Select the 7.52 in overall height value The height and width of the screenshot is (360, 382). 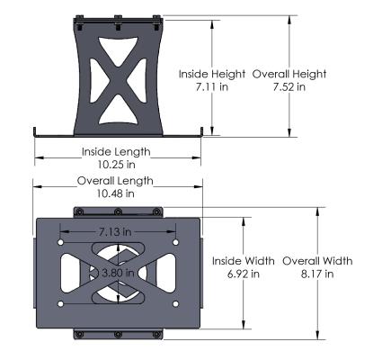point(289,88)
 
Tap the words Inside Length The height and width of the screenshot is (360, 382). point(117,151)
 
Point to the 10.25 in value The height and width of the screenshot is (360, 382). point(117,165)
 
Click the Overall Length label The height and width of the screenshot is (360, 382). point(117,180)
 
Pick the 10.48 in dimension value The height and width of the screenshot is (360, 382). point(117,193)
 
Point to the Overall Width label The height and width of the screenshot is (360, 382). point(317,260)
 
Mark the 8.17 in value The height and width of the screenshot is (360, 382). point(317,274)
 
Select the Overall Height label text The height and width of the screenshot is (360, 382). point(289,74)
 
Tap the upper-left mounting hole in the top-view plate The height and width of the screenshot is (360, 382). point(61,242)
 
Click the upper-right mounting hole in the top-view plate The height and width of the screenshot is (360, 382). point(175,242)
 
